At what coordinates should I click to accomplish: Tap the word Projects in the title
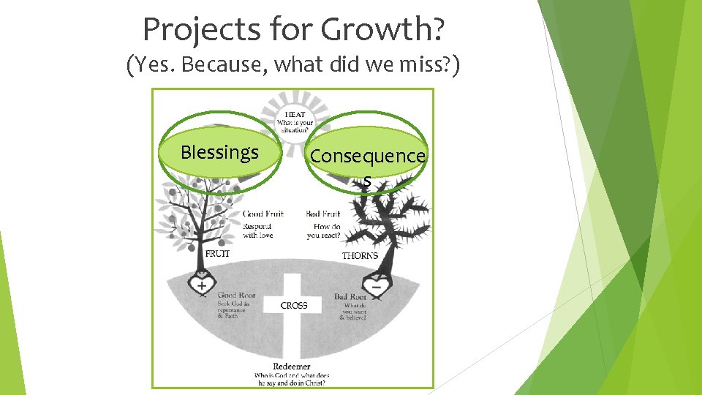192,29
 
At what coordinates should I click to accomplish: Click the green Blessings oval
219,152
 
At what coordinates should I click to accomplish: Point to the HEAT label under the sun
295,115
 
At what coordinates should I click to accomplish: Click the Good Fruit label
263,214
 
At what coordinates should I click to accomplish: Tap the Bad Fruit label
323,214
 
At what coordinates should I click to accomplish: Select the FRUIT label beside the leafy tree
217,254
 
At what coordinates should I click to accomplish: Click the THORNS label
360,255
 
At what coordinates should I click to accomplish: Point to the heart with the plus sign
201,285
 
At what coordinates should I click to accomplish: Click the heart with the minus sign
377,286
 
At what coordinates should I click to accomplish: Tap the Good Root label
236,295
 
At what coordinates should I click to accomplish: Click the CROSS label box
294,304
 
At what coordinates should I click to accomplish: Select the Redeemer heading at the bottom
292,366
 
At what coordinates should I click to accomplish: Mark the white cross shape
292,322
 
